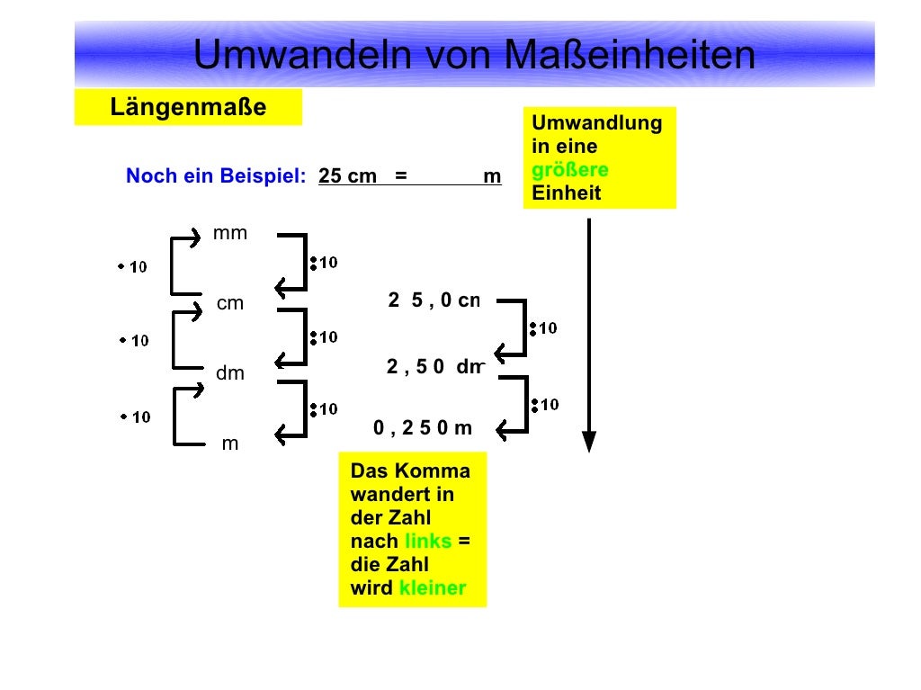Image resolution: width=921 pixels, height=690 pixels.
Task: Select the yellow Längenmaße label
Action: (x=188, y=108)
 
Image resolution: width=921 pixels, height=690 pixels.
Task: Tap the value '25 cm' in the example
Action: (x=347, y=176)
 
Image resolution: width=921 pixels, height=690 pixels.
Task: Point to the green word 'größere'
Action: (x=570, y=170)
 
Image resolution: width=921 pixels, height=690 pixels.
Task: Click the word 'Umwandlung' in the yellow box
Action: (x=597, y=123)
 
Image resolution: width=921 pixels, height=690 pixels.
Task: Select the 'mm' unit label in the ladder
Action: (x=229, y=234)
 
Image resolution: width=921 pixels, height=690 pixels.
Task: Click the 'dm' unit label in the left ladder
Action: (x=230, y=373)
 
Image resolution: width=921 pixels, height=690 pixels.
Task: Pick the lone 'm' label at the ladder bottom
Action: (x=230, y=444)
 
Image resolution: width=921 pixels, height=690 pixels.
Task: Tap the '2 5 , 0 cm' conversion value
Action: (x=434, y=300)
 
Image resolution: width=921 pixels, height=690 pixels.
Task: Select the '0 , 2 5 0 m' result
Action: (x=423, y=428)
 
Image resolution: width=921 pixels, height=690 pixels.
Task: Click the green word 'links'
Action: (x=428, y=542)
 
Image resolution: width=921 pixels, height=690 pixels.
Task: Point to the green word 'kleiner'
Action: (x=433, y=588)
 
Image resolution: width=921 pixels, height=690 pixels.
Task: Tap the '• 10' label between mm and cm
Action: (x=132, y=267)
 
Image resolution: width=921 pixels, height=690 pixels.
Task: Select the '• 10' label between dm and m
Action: (x=135, y=417)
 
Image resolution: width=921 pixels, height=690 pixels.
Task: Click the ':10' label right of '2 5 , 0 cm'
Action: (x=543, y=328)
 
